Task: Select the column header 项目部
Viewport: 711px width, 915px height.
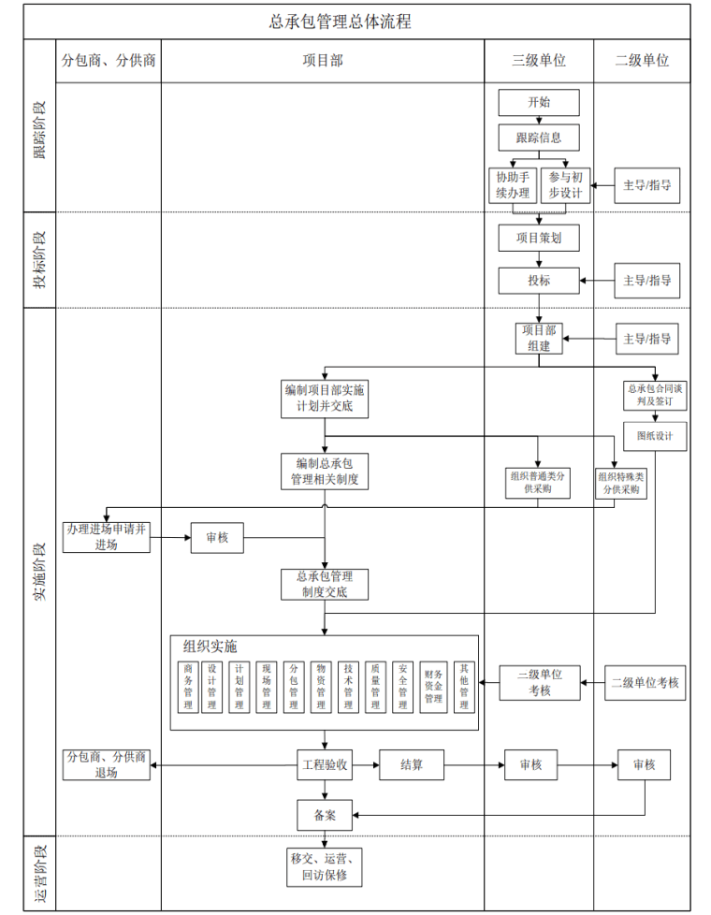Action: (x=322, y=61)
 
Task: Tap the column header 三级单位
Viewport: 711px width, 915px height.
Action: (x=539, y=61)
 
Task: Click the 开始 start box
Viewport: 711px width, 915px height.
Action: (x=539, y=102)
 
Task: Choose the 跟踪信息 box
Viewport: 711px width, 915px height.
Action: (x=539, y=138)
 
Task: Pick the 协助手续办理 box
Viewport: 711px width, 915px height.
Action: (x=513, y=185)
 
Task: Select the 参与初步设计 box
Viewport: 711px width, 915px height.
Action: (x=565, y=185)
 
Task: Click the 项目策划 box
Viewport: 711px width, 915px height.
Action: (x=539, y=239)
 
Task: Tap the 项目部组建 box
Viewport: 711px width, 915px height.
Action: (x=539, y=338)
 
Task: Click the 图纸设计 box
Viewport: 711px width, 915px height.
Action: (x=656, y=435)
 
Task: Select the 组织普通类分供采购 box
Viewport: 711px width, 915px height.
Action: (x=538, y=482)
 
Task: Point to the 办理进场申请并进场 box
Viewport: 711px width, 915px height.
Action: (x=107, y=537)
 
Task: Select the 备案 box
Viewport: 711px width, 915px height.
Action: (x=325, y=815)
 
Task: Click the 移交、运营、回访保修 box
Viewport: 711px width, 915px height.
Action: (x=325, y=867)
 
